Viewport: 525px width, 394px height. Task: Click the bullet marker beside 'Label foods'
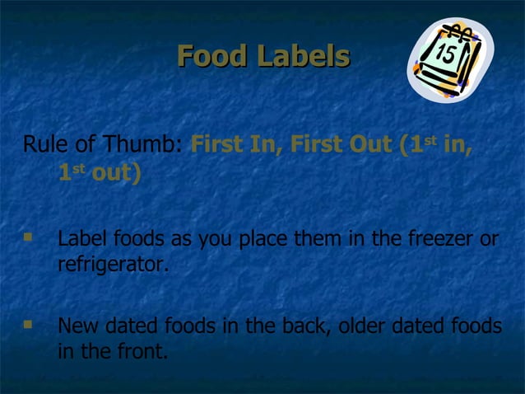(x=29, y=238)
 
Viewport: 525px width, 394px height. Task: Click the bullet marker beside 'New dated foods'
(x=29, y=325)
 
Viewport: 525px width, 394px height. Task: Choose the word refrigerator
(x=113, y=266)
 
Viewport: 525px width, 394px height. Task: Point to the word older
(x=361, y=326)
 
